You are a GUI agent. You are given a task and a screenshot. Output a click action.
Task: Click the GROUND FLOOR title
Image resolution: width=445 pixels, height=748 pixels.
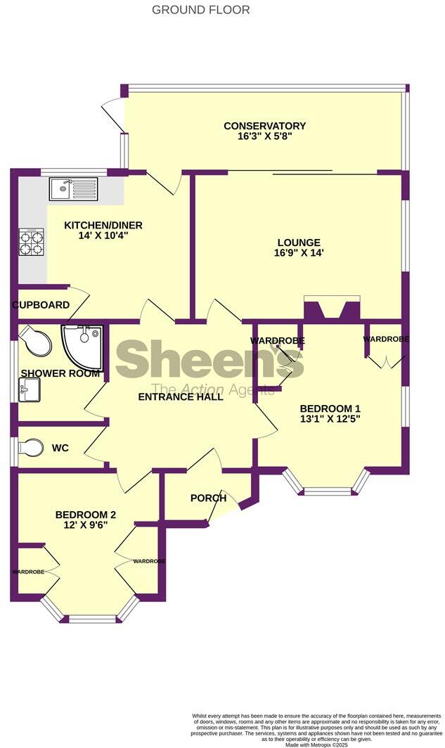(x=200, y=10)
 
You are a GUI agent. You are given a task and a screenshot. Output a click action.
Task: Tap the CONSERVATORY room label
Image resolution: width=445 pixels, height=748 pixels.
(x=264, y=127)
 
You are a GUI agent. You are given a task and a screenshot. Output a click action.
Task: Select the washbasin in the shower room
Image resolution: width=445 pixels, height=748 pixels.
(x=29, y=387)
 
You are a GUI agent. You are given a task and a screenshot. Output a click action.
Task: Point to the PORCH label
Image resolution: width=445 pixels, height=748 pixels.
(x=208, y=498)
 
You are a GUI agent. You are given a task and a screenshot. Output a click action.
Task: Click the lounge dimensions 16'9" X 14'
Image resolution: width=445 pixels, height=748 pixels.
(x=299, y=253)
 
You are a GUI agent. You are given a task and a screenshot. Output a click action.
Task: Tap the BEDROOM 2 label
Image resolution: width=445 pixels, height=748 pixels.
(x=86, y=515)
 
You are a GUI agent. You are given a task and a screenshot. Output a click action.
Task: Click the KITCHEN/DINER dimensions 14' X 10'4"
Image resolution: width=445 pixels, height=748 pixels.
(x=103, y=236)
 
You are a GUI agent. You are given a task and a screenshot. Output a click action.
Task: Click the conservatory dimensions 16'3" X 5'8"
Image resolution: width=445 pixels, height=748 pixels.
(x=264, y=138)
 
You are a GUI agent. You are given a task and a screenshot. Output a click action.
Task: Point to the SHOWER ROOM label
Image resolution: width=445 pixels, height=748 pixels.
(x=60, y=373)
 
